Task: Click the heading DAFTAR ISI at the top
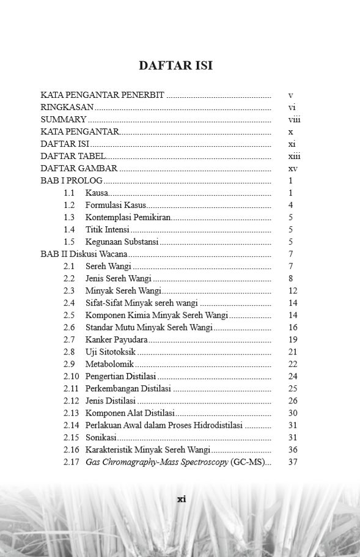pos(175,65)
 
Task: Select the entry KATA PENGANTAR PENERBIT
pos(102,95)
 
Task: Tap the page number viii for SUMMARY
pos(294,120)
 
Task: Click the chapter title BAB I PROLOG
pos(72,181)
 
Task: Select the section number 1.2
pos(69,205)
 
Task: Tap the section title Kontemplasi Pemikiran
pos(128,218)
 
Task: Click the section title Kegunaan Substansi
pos(122,242)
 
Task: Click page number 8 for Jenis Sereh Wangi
pos(291,279)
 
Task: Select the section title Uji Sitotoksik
pos(111,352)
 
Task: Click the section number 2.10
pos(72,376)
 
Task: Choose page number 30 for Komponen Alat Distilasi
pos(293,413)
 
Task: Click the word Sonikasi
pos(101,437)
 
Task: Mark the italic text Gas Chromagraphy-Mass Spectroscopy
pos(156,462)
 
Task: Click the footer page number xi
pos(181,499)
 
